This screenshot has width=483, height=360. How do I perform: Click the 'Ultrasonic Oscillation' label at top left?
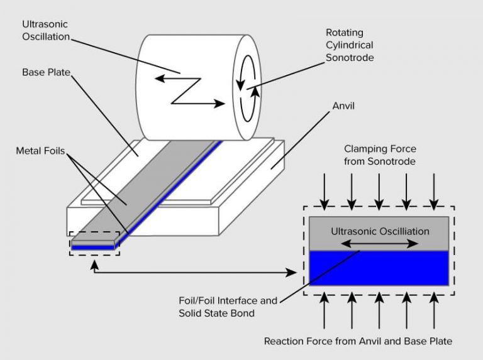[x=46, y=31]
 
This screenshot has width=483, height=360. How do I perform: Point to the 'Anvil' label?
[x=343, y=106]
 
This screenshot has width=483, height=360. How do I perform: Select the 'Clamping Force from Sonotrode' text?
[x=379, y=155]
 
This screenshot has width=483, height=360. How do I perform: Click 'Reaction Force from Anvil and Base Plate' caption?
[x=358, y=341]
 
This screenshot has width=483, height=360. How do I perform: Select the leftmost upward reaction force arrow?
[x=325, y=312]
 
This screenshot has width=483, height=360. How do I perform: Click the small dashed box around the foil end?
[x=94, y=243]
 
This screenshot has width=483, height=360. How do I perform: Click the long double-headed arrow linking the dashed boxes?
[x=195, y=272]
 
